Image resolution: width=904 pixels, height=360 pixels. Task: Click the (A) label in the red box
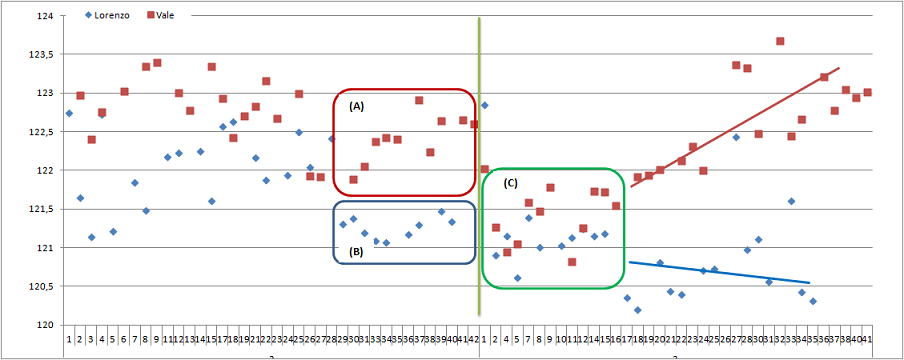click(x=357, y=104)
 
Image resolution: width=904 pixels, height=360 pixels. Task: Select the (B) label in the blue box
click(x=357, y=251)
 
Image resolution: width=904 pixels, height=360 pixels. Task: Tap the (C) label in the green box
click(x=510, y=183)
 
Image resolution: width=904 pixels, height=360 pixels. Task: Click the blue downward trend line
click(x=720, y=272)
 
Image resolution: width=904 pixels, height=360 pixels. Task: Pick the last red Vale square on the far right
click(x=867, y=92)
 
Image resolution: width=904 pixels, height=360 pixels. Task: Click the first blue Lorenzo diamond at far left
click(x=69, y=113)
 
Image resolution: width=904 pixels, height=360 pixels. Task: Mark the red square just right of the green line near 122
click(x=485, y=169)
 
